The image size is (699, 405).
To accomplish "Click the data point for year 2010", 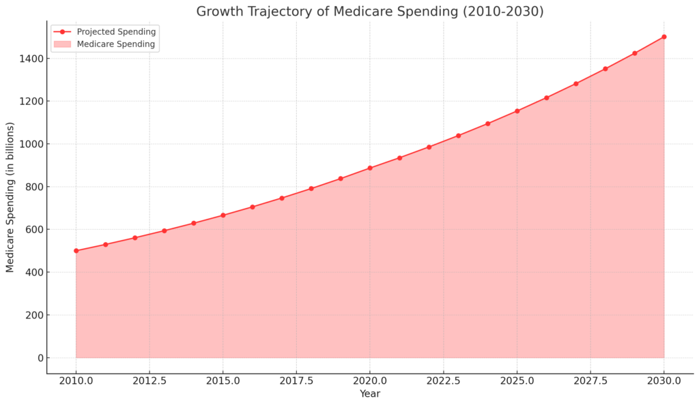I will [x=76, y=251].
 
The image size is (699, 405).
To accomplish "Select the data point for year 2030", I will [x=664, y=37].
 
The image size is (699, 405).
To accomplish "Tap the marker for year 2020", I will [x=370, y=168].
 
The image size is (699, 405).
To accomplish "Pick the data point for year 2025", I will [x=517, y=110].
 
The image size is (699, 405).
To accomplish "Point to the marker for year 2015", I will [x=223, y=215].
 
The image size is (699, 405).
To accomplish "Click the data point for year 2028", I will [x=605, y=69].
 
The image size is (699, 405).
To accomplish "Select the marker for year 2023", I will [x=458, y=136].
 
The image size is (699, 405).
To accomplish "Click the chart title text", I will [x=370, y=12].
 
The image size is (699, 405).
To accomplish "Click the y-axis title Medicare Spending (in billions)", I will [x=10, y=197].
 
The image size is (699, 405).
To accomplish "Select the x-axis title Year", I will [x=370, y=394].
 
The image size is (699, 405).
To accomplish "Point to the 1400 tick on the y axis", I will [x=33, y=59].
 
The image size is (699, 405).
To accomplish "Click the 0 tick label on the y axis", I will [x=39, y=358].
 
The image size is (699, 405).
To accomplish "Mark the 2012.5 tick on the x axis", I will [x=149, y=380].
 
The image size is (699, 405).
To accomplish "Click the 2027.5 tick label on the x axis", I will [x=590, y=380].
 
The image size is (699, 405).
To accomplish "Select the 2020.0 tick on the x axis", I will [x=370, y=380].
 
